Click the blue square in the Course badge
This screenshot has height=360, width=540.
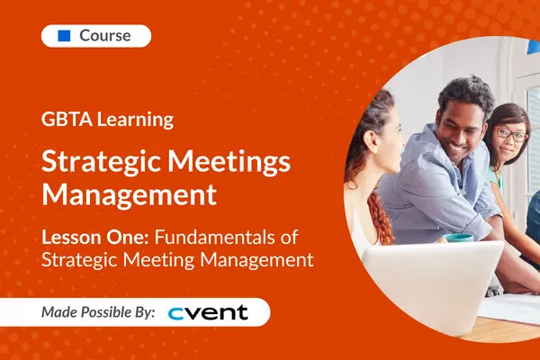click(x=64, y=36)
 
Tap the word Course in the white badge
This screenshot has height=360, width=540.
click(x=105, y=36)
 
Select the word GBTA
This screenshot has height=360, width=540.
click(x=63, y=119)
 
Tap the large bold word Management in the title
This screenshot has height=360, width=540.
click(x=130, y=193)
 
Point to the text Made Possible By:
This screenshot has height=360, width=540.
click(x=98, y=312)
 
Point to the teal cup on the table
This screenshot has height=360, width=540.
click(x=459, y=238)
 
